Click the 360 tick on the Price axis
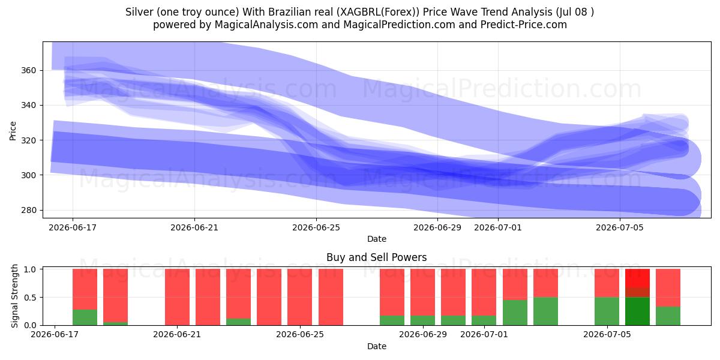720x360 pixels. [29, 70]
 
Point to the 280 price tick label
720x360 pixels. [29, 210]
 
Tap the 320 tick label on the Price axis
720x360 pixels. [29, 140]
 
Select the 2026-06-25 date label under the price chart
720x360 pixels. [316, 227]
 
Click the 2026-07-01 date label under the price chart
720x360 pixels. [498, 227]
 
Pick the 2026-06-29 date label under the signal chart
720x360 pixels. [423, 334]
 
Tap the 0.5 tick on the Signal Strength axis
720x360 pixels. [31, 298]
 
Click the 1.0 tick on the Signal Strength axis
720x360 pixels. [31, 269]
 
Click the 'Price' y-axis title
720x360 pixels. [13, 131]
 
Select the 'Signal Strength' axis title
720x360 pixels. [14, 296]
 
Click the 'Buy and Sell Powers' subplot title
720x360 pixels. [377, 257]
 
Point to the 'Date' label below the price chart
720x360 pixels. [377, 239]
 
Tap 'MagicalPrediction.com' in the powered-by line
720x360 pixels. [399, 25]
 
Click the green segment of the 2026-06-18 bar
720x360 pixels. [85, 317]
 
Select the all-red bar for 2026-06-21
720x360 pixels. [177, 297]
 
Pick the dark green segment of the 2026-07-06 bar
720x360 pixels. [637, 311]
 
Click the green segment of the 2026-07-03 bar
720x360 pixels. [545, 311]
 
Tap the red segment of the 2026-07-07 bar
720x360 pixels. [668, 288]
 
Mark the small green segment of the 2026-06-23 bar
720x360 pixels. [239, 322]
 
